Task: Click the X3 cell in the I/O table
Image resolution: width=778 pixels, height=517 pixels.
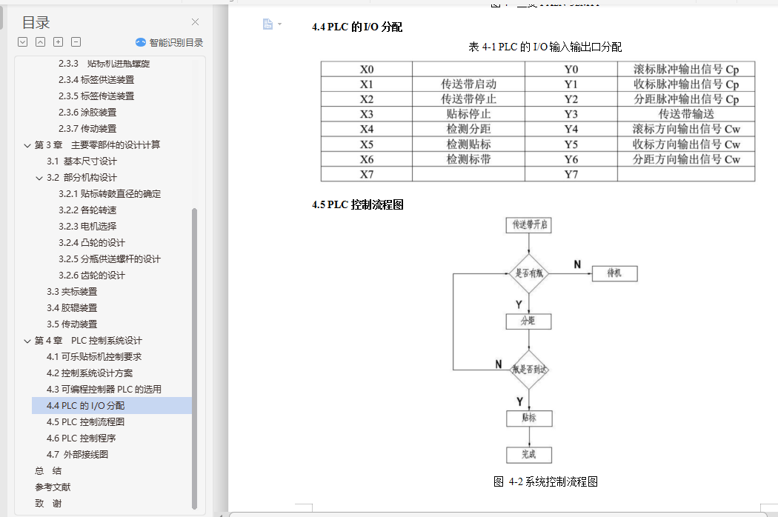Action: pyautogui.click(x=367, y=114)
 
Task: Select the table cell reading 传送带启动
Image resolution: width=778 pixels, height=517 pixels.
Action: pyautogui.click(x=468, y=84)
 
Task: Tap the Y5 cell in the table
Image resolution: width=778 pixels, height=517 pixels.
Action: pyautogui.click(x=571, y=144)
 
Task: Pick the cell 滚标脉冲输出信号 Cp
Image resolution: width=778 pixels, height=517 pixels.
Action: pyautogui.click(x=685, y=70)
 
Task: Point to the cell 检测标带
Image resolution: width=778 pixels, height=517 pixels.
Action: pyautogui.click(x=468, y=159)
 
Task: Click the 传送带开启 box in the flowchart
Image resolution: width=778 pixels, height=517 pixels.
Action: pyautogui.click(x=529, y=224)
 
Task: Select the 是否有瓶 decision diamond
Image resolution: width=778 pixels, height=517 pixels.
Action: pyautogui.click(x=529, y=273)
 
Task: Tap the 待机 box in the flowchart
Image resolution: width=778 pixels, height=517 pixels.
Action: pyautogui.click(x=614, y=273)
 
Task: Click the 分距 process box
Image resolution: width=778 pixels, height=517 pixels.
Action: pyautogui.click(x=528, y=321)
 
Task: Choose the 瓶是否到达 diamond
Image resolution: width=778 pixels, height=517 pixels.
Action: pyautogui.click(x=529, y=369)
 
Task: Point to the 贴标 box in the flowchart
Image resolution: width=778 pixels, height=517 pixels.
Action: pyautogui.click(x=528, y=418)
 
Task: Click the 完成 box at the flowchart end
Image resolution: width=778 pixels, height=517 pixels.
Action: pyautogui.click(x=528, y=454)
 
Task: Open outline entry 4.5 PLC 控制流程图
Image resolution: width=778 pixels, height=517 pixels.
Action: pyautogui.click(x=85, y=421)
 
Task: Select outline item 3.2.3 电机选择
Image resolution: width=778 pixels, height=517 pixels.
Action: pyautogui.click(x=87, y=226)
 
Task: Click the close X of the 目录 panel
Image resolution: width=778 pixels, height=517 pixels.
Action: pyautogui.click(x=196, y=22)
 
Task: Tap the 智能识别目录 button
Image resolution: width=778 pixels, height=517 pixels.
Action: pyautogui.click(x=169, y=42)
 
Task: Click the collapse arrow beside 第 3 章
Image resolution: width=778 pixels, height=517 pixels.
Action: pyautogui.click(x=27, y=145)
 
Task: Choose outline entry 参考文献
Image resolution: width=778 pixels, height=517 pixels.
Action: pyautogui.click(x=53, y=487)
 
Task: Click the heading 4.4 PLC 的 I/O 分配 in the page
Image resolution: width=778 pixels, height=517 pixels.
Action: pyautogui.click(x=357, y=27)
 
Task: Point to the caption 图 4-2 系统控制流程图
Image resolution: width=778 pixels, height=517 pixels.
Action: pyautogui.click(x=545, y=481)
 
